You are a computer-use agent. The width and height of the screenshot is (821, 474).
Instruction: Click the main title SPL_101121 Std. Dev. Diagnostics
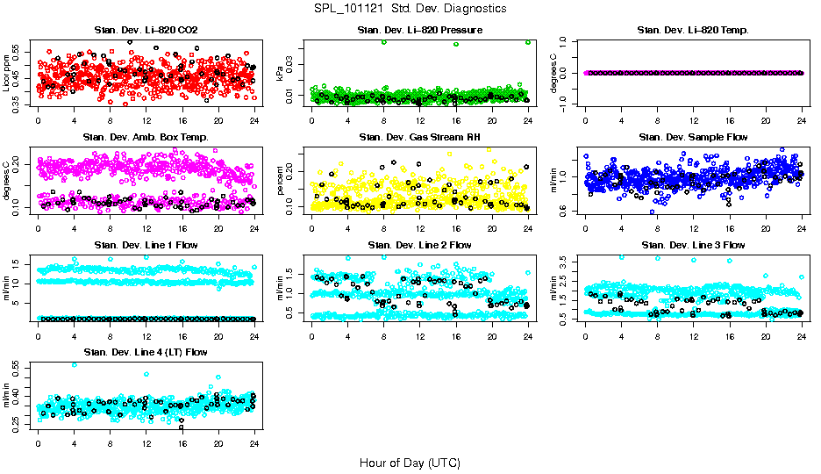(410, 9)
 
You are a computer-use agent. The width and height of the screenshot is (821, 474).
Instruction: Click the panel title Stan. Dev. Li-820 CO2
(146, 30)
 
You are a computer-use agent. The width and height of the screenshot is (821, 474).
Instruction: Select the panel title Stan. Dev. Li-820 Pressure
(419, 30)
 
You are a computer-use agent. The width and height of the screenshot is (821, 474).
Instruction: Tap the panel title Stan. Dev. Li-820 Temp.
(693, 30)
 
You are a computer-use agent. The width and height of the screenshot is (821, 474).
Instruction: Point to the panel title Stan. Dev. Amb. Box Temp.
(146, 137)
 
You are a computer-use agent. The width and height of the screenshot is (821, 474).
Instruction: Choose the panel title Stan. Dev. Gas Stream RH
(419, 137)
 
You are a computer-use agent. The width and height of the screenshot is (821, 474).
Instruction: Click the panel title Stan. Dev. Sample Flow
(693, 137)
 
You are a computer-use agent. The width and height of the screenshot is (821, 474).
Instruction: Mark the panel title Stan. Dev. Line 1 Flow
(146, 245)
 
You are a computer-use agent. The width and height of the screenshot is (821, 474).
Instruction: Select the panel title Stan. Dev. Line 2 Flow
(419, 245)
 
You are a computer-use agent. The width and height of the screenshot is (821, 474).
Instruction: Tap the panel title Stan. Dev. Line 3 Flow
(693, 245)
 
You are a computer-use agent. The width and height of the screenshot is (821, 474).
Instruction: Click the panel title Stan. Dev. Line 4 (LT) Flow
(146, 352)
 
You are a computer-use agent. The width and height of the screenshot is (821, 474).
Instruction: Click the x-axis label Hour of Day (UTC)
(410, 462)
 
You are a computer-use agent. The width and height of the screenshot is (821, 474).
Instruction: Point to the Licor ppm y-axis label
(6, 72)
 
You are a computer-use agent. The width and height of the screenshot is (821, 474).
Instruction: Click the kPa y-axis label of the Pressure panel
(280, 73)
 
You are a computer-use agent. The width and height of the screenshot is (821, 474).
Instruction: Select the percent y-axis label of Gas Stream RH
(280, 180)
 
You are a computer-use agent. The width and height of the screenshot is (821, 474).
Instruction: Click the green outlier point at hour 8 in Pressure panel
(383, 42)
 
